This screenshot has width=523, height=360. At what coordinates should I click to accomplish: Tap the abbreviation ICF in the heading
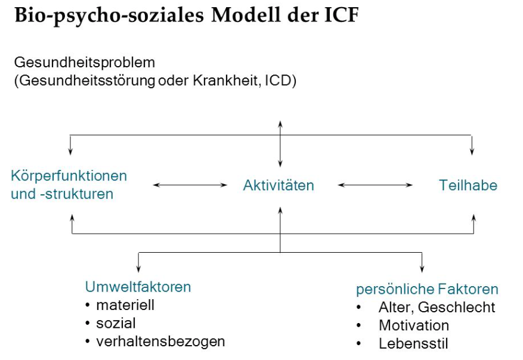[342, 15]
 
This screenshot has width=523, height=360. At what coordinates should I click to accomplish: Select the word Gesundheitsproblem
[85, 63]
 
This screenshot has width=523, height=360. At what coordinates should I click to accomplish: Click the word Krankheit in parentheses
[224, 80]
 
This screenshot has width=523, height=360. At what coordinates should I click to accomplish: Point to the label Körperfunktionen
[69, 176]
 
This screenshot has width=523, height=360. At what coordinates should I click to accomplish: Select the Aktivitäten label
[278, 185]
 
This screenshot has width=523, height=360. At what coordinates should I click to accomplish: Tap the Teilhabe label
[468, 185]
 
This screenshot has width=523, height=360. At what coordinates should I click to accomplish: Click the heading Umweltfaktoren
[138, 287]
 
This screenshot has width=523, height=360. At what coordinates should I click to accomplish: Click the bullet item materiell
[125, 305]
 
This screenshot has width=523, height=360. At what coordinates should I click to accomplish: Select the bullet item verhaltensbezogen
[160, 342]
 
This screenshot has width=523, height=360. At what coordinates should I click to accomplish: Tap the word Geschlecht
[456, 308]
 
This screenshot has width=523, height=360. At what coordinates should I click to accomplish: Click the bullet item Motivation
[414, 325]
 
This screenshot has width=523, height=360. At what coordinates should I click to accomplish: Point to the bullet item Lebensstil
[413, 344]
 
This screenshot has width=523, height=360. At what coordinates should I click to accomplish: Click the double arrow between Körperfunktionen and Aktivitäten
[190, 185]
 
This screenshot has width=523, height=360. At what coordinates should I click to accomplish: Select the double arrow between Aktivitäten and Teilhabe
[375, 185]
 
